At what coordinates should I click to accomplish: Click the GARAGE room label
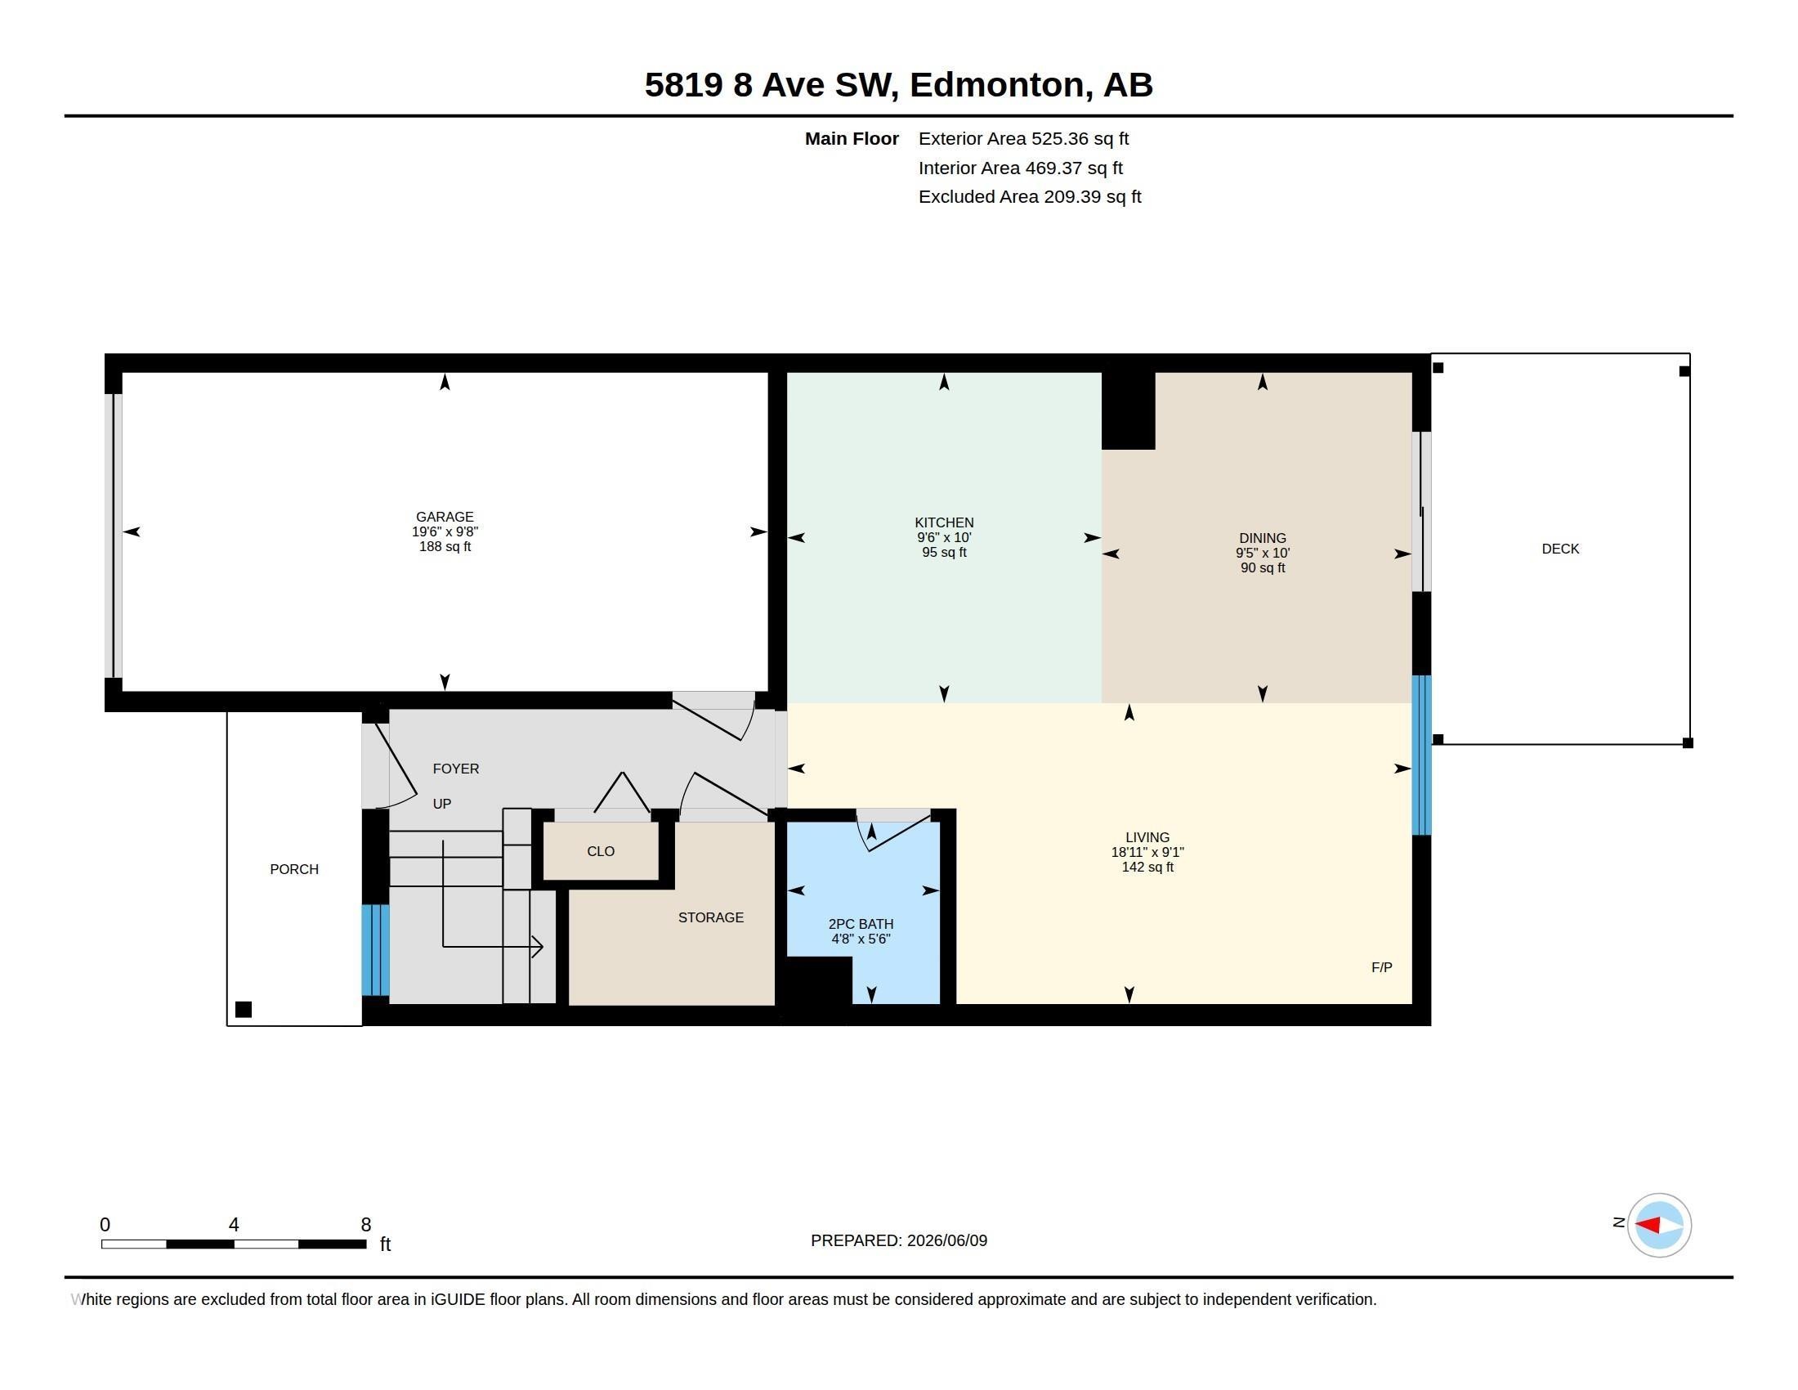tap(445, 517)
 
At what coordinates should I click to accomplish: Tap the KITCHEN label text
tap(943, 523)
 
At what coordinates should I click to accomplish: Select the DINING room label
tap(1262, 539)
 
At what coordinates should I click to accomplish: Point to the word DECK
tap(1560, 549)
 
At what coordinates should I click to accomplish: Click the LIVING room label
tap(1147, 837)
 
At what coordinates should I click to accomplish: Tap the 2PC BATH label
tap(861, 924)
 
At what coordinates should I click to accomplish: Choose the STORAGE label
tap(710, 917)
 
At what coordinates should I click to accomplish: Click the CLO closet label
tap(600, 851)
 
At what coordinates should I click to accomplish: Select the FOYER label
tap(455, 769)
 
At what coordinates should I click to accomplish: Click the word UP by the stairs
tap(442, 804)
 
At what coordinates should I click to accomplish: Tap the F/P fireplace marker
tap(1381, 967)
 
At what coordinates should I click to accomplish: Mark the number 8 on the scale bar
tap(365, 1225)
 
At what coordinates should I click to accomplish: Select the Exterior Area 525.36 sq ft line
tap(1023, 139)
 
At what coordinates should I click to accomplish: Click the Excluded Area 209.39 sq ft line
tap(1029, 197)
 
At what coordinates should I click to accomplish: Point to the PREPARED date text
tap(899, 1240)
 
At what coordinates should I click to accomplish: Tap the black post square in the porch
tap(244, 1010)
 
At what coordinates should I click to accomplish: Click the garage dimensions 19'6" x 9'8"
tap(445, 532)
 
